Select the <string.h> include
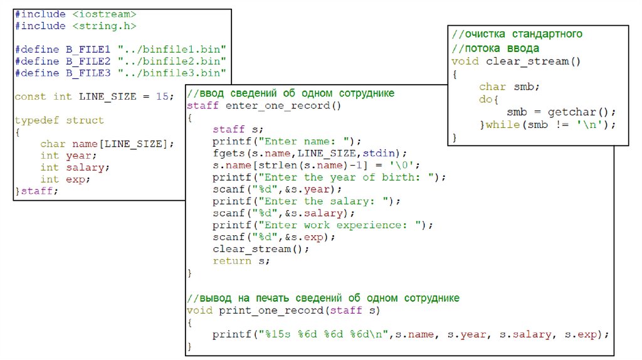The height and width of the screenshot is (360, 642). point(104,26)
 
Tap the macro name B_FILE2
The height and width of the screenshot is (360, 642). point(88,61)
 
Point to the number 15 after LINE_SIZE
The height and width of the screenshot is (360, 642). point(162,97)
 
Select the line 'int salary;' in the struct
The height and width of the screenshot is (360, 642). point(75,167)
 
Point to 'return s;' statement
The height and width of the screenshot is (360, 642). point(241,261)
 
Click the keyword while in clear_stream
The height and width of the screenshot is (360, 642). point(502,124)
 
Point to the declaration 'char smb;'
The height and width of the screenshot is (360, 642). point(509,87)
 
